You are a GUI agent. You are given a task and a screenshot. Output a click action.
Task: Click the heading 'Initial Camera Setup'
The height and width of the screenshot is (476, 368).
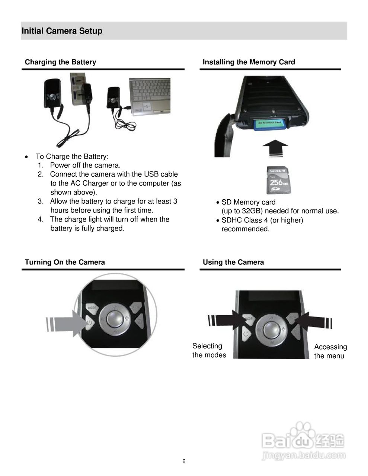point(62,31)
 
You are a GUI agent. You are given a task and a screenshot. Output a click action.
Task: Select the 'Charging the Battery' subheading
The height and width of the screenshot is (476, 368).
point(60,62)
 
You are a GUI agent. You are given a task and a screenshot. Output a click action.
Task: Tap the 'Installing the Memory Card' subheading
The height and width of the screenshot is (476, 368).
point(249,62)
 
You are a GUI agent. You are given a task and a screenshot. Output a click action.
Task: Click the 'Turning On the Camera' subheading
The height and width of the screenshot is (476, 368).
point(65,262)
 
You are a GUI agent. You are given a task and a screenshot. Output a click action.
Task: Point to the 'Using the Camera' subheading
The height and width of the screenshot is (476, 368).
point(233,262)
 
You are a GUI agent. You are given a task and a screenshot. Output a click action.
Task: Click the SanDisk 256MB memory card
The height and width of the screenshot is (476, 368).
point(278,180)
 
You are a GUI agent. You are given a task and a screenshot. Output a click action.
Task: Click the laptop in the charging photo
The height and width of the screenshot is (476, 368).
point(150,96)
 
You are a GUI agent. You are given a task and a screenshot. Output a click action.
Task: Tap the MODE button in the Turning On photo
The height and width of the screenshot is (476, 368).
point(92,308)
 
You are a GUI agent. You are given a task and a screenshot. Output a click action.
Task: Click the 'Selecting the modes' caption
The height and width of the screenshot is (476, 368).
point(209,350)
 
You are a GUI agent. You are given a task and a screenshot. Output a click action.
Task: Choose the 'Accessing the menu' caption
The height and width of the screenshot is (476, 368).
point(330,351)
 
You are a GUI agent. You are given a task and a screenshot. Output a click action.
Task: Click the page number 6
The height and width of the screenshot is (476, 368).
point(184,461)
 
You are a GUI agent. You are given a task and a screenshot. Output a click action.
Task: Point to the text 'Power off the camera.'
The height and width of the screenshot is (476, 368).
point(85,165)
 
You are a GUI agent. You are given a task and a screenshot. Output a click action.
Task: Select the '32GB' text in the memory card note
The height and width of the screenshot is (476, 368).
point(249,211)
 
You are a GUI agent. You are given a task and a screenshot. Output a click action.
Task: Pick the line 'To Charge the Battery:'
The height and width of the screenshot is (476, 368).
point(72,156)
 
